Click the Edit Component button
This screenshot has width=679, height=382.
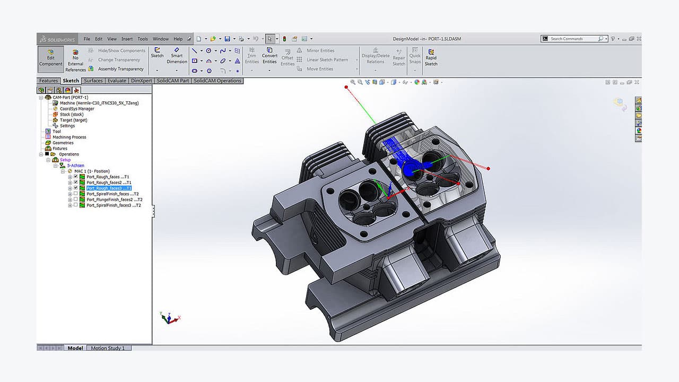[50, 58]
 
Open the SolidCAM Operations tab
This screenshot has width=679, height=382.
[217, 81]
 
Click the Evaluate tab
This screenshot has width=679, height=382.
[117, 81]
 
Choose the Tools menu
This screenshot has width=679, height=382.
[143, 39]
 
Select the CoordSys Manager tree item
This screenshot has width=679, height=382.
[76, 109]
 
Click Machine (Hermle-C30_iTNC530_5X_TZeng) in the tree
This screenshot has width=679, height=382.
[99, 103]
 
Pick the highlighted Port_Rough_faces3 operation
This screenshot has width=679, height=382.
[108, 188]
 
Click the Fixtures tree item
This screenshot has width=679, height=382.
[59, 149]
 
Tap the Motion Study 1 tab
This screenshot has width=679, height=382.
[108, 348]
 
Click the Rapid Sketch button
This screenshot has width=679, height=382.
[431, 58]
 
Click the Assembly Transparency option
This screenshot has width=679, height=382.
[120, 69]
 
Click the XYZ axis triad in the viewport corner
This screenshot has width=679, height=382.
[169, 318]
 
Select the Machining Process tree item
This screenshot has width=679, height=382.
[69, 137]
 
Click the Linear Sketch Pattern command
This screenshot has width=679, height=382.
[327, 60]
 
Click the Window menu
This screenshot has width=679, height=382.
[160, 39]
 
